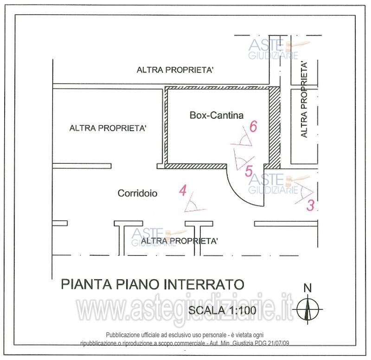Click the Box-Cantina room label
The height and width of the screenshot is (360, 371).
click(217, 115)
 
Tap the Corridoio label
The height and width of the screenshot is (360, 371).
click(137, 193)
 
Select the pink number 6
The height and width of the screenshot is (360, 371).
click(253, 126)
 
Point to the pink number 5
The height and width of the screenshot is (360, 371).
click(249, 171)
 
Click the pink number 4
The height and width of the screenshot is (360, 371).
click(183, 190)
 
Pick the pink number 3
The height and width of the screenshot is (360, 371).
click(310, 205)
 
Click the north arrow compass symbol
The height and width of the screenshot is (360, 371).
click(307, 309)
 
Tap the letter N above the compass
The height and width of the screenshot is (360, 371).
click(307, 288)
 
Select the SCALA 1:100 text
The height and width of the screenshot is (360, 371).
click(222, 310)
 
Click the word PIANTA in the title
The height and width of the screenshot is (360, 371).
click(86, 284)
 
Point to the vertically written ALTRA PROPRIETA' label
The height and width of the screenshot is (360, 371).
click(304, 99)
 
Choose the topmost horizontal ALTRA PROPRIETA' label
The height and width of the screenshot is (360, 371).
click(175, 70)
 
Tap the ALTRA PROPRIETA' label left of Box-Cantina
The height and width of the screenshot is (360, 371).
click(108, 128)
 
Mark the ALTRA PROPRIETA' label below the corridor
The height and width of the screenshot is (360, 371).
click(179, 241)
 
